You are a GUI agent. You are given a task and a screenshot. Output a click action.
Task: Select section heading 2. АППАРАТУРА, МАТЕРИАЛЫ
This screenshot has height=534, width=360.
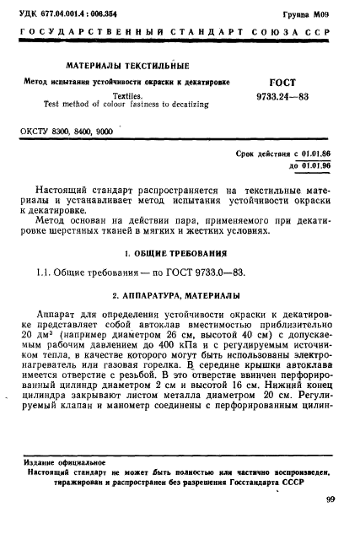180,295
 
